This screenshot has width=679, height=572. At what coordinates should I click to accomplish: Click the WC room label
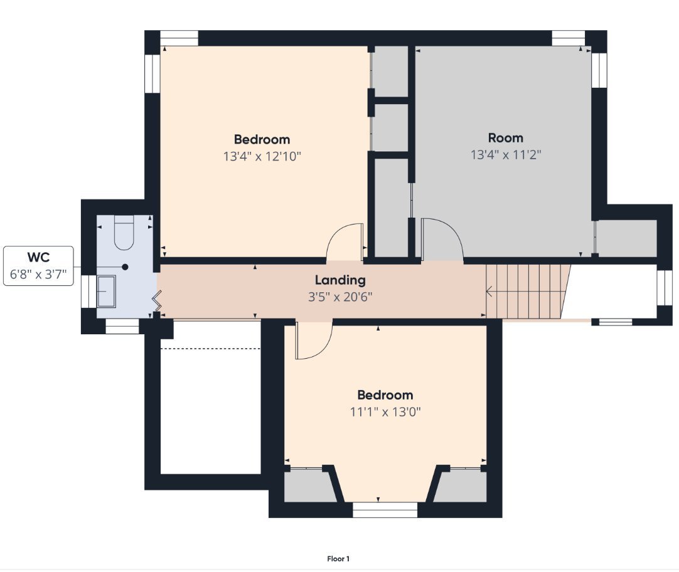tap(38, 257)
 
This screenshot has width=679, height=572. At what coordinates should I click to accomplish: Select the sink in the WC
tap(106, 291)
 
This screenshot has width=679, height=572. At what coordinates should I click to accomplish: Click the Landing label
tap(340, 280)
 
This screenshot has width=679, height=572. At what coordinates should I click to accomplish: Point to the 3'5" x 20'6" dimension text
tap(340, 297)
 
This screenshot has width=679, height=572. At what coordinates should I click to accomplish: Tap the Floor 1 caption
tap(338, 559)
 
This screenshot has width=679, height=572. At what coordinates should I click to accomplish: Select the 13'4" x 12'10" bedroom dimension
tap(262, 156)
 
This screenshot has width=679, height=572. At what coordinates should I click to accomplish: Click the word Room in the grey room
tap(505, 138)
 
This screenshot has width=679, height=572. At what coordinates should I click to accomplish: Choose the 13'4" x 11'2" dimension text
tap(506, 154)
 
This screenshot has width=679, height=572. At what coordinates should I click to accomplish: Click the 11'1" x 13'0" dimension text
tap(385, 411)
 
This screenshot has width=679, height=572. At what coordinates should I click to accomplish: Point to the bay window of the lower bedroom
tap(385, 510)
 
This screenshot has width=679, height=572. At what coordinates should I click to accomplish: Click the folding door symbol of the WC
tap(156, 300)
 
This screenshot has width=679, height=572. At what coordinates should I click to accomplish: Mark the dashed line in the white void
tap(210, 348)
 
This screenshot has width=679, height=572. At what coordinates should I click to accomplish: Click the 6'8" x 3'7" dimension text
tap(38, 274)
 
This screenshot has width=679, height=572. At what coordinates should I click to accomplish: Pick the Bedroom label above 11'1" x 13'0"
tap(385, 395)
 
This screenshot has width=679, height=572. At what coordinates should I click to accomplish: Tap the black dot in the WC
tap(125, 267)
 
